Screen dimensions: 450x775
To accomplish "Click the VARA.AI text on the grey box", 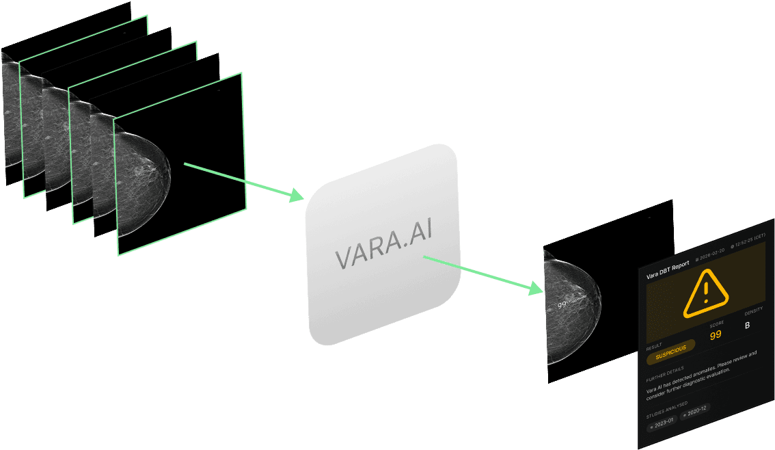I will pos(383,255).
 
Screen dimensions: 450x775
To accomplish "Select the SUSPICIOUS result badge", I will pos(670,348).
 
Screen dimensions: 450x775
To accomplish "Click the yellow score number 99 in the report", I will pos(716,335).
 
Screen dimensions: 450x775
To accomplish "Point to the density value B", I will pos(747,325).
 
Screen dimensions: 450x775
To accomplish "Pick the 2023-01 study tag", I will pos(662,423).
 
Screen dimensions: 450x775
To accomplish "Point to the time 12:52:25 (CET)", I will pos(751,237).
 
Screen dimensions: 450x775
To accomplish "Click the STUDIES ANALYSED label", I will pos(666,406).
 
